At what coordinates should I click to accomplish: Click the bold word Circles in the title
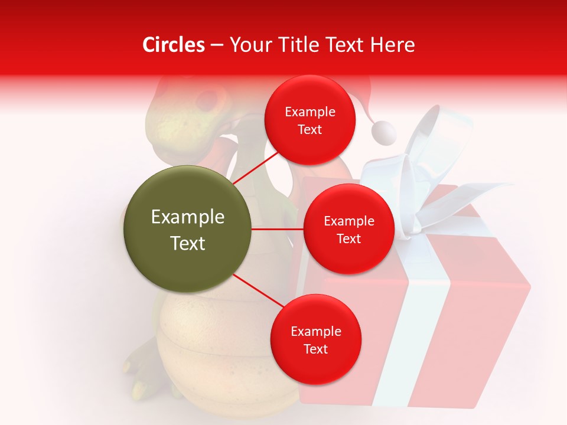click(174, 45)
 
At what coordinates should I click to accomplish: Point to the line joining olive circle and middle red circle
click(278, 229)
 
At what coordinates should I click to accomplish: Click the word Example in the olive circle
click(188, 217)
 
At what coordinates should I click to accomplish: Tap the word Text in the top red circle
click(309, 130)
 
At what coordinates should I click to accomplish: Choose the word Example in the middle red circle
click(348, 221)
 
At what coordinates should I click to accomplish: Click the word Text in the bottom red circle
click(315, 349)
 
